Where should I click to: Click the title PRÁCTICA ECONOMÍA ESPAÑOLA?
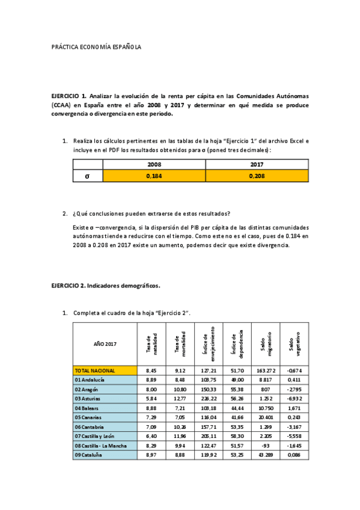[96, 47]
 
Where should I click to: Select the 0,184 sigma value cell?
[154, 176]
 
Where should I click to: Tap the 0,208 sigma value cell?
[257, 176]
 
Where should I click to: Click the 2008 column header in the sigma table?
[154, 164]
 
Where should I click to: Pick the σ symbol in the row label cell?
[88, 176]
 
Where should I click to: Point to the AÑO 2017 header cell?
[105, 343]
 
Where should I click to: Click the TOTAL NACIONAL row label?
[96, 370]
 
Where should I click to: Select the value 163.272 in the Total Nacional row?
[264, 370]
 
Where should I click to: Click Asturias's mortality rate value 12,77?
[179, 399]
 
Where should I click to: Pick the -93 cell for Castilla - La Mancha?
[264, 446]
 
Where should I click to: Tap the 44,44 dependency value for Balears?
[236, 408]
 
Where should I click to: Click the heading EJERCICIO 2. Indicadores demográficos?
[106, 286]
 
